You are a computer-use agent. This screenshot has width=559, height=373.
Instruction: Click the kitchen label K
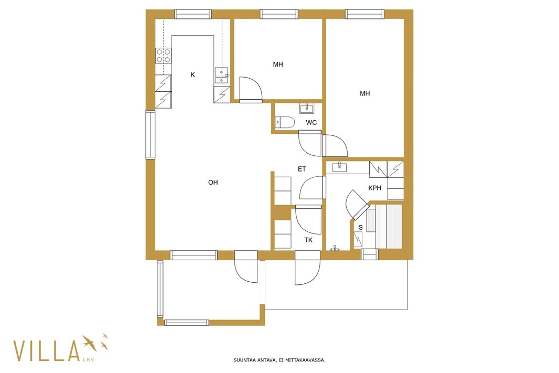192,74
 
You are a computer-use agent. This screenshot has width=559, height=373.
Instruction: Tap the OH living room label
213,182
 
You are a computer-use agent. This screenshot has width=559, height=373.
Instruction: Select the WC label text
311,123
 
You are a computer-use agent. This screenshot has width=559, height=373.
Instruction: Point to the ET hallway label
302,169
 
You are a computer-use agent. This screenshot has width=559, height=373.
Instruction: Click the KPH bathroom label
375,188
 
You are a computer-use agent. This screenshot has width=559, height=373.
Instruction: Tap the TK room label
308,240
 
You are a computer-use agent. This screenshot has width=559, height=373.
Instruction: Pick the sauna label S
360,228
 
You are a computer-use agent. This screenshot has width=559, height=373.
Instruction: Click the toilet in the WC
285,122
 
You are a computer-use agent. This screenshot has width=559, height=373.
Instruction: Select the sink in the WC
307,108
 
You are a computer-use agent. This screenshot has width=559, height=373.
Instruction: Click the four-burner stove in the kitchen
163,56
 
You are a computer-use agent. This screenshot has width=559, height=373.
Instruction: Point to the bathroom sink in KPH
340,166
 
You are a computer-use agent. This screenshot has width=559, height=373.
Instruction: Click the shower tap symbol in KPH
335,248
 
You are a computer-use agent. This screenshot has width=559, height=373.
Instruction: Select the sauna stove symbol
358,239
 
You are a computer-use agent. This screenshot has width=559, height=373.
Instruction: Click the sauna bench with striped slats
389,226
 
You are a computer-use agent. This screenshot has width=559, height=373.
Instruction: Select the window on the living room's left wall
150,134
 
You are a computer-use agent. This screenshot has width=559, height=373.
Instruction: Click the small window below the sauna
369,254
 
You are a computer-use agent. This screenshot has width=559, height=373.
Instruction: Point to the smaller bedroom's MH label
278,64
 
